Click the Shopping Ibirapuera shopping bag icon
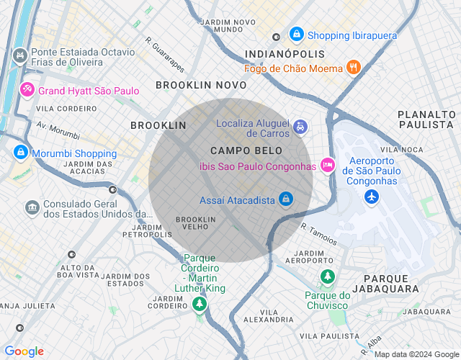(296, 34)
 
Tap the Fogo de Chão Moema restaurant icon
(353, 68)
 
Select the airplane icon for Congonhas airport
(372, 196)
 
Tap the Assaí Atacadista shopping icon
(286, 198)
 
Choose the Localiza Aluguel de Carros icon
(300, 128)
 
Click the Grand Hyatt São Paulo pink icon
(27, 90)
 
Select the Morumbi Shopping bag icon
(20, 153)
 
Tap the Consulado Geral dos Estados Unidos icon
(32, 208)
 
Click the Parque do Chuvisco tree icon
(327, 276)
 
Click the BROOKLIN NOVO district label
(201, 85)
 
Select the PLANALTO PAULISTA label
(426, 120)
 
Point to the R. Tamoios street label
(318, 233)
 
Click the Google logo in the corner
(24, 351)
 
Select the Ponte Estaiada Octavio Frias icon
(20, 55)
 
